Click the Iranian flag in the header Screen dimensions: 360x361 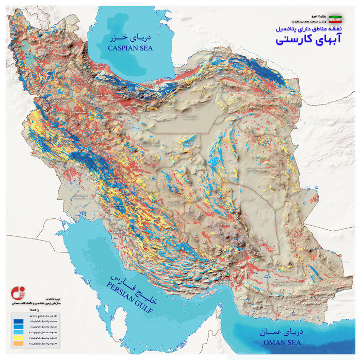(336, 19)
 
